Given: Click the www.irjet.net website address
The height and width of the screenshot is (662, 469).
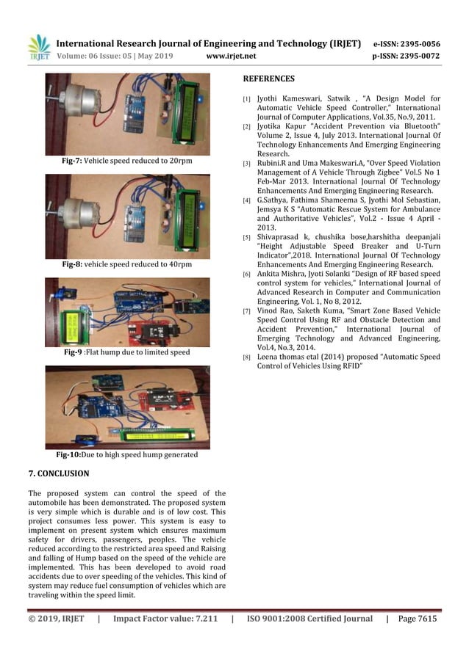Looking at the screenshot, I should tap(232, 55).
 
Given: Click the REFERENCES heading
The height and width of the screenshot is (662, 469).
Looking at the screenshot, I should tap(268, 79).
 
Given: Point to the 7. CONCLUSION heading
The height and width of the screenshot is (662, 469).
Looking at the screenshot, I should tap(58, 473).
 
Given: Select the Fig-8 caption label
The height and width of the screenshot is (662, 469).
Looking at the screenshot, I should tap(74, 263).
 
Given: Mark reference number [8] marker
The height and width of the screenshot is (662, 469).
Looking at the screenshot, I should tap(247, 357).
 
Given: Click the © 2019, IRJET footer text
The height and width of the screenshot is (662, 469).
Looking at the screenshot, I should tap(56, 619).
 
